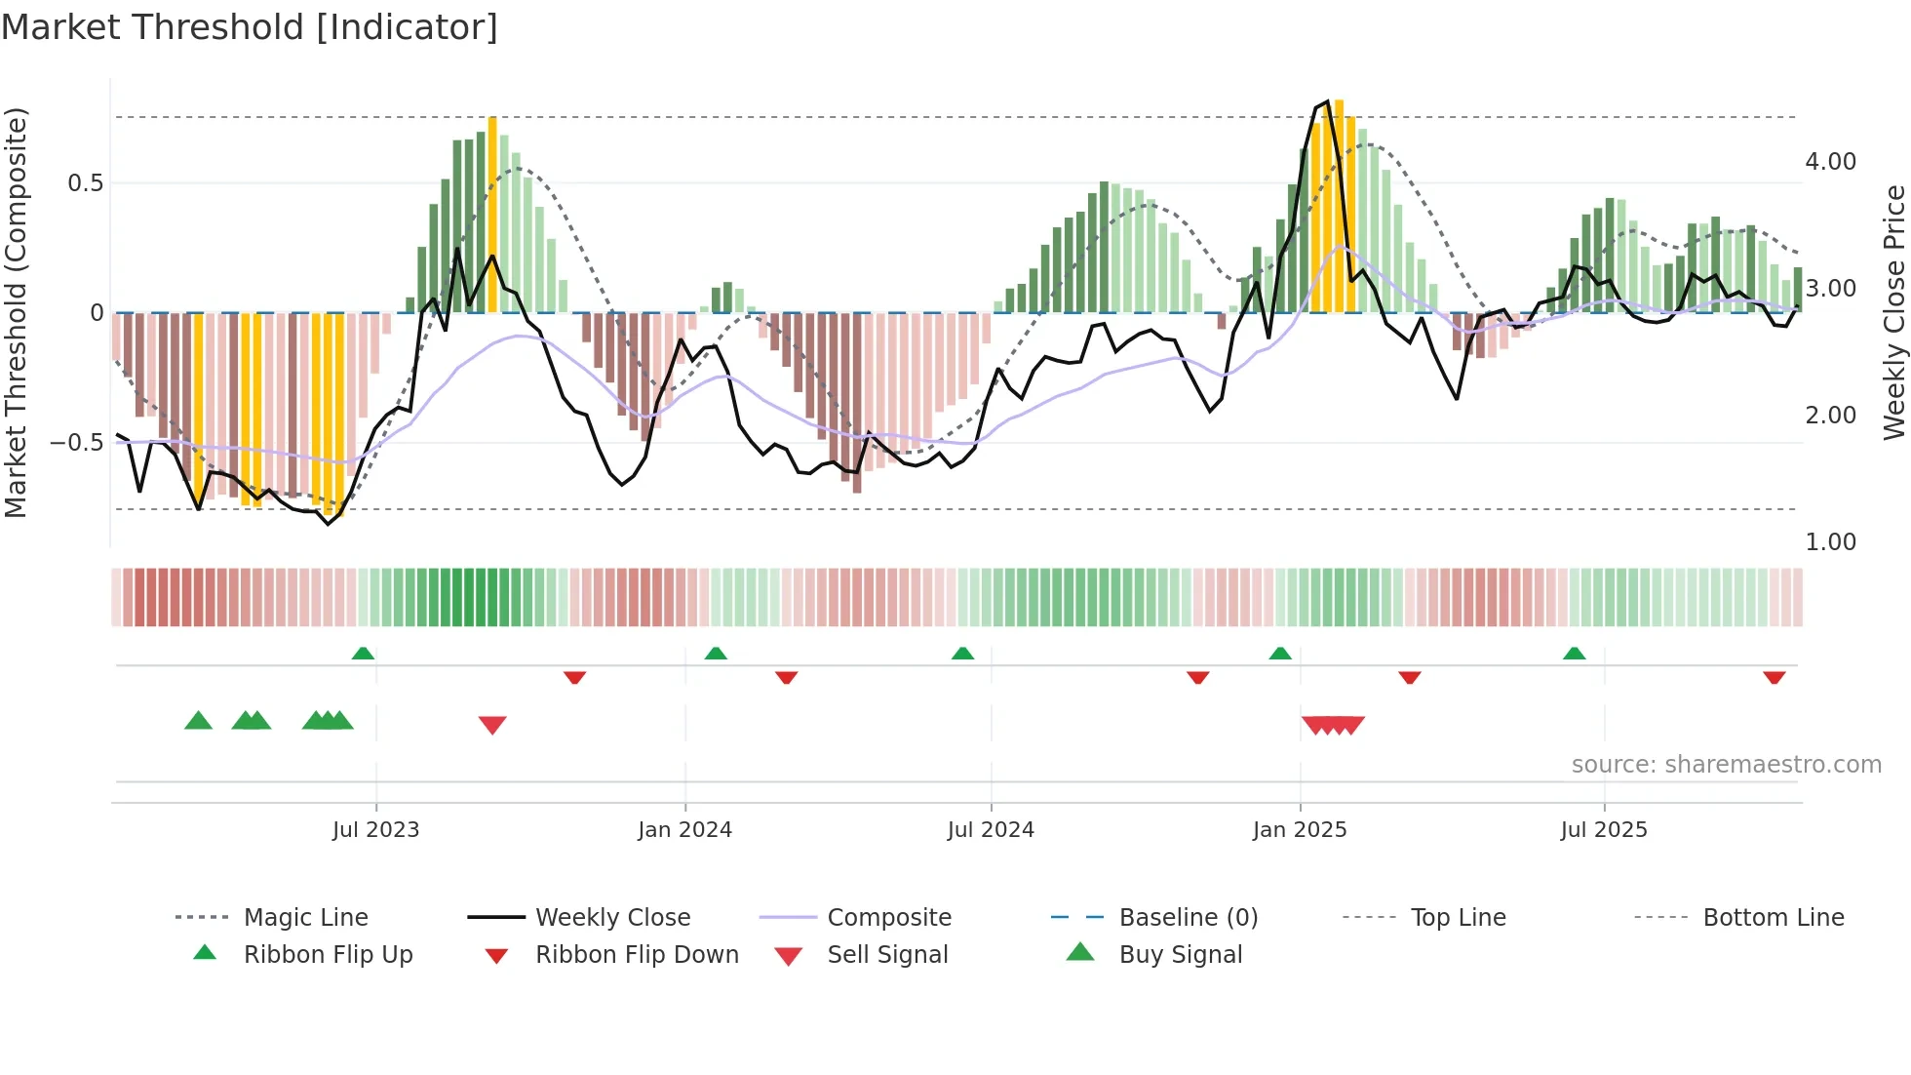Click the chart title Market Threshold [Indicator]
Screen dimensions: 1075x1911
pos(250,27)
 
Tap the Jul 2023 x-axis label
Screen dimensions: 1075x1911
pos(375,829)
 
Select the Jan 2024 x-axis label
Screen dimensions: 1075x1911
pos(684,829)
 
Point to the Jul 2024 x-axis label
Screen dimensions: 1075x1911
pos(991,829)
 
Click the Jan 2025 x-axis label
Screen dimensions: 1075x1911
pos(1300,829)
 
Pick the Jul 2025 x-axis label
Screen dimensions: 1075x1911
pos(1604,829)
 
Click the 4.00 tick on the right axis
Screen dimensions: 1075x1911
pos(1830,162)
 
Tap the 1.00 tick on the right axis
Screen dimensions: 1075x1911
pos(1830,542)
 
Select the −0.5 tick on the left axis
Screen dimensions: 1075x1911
pos(77,443)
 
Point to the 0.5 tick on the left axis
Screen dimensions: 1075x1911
pos(85,183)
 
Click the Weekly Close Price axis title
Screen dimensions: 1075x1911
pos(1893,312)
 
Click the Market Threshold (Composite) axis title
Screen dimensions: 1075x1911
pos(16,312)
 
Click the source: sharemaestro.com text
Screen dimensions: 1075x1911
pos(1726,764)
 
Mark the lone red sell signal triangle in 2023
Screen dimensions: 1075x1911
pos(492,724)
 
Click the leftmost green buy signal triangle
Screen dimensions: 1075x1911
pos(198,721)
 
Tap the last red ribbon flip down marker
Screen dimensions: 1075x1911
pos(1774,677)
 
